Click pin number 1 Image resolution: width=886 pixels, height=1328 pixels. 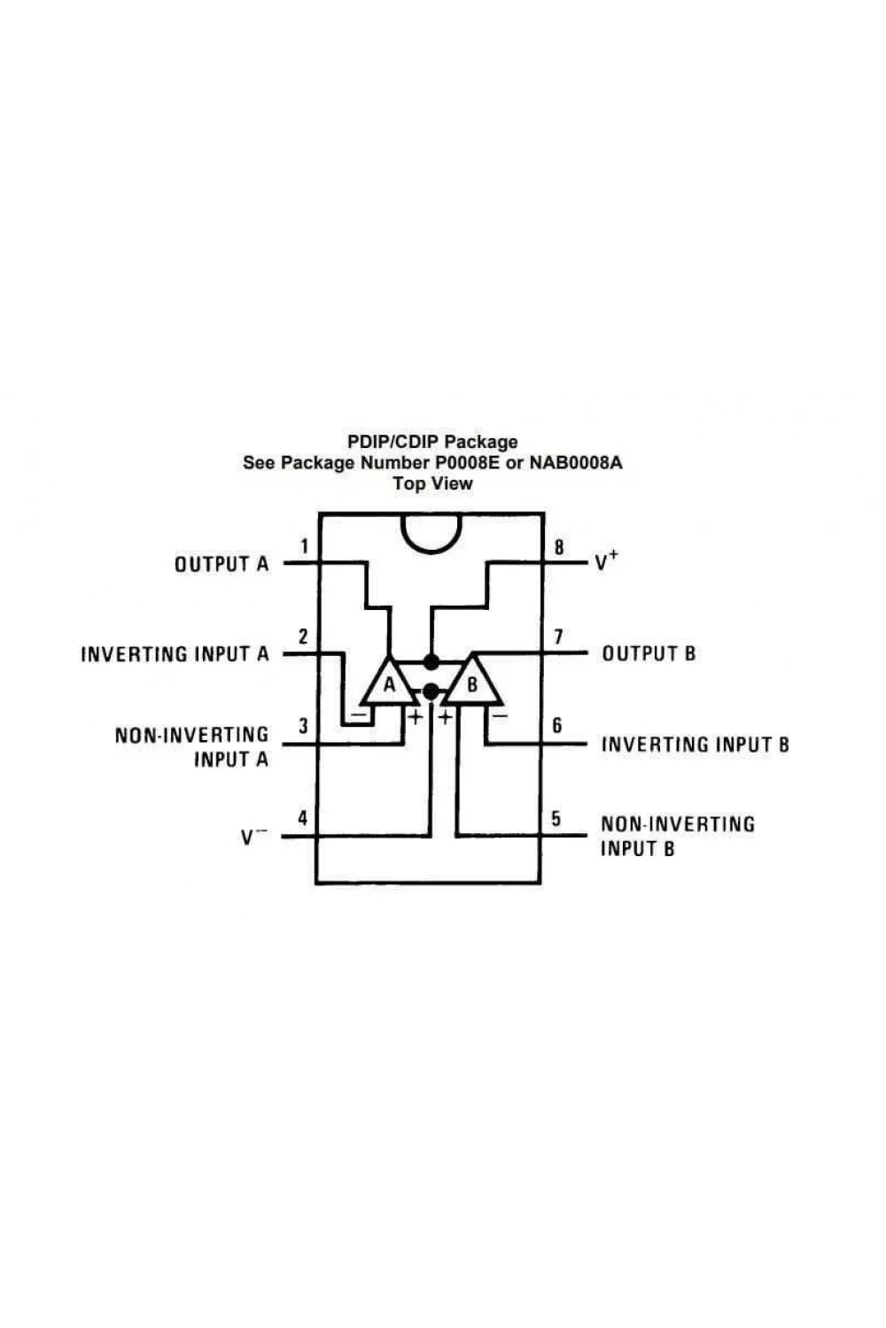coord(305,545)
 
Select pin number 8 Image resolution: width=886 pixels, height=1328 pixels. coord(559,546)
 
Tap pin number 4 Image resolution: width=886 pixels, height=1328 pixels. coord(303,818)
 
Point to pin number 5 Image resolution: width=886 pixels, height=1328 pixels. coord(556,818)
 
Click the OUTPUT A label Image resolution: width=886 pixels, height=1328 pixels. coord(221,564)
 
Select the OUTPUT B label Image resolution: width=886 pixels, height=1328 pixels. coord(649,653)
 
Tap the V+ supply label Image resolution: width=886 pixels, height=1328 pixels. coord(607,560)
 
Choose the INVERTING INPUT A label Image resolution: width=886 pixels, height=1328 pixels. coord(175,654)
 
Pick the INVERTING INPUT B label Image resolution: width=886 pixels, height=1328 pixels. coord(696,744)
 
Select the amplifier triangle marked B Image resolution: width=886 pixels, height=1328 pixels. coord(473,680)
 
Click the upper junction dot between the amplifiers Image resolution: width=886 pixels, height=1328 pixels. coord(431,661)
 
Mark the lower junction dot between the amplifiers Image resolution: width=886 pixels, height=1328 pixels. coord(431,691)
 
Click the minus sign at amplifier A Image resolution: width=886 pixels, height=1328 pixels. coord(359,714)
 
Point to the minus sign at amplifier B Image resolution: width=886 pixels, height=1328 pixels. coord(501,716)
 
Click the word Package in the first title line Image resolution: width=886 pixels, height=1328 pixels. coord(481,442)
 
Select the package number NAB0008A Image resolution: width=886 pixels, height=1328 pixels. coord(576,462)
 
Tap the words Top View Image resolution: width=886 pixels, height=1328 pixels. coord(432,483)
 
